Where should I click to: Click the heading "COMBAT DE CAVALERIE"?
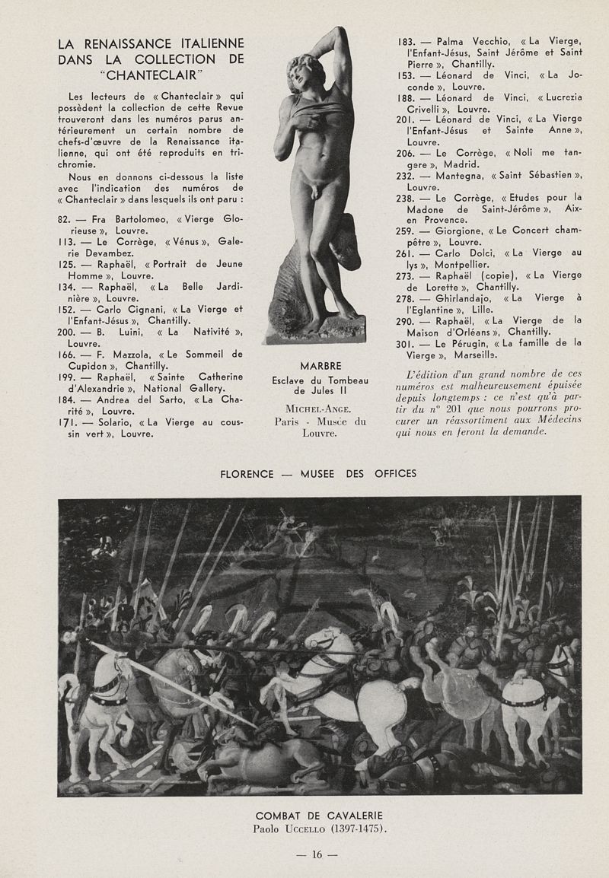[319, 816]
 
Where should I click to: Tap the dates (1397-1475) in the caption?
[356, 829]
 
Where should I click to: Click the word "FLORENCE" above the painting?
[246, 473]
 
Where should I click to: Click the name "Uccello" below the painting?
[305, 829]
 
